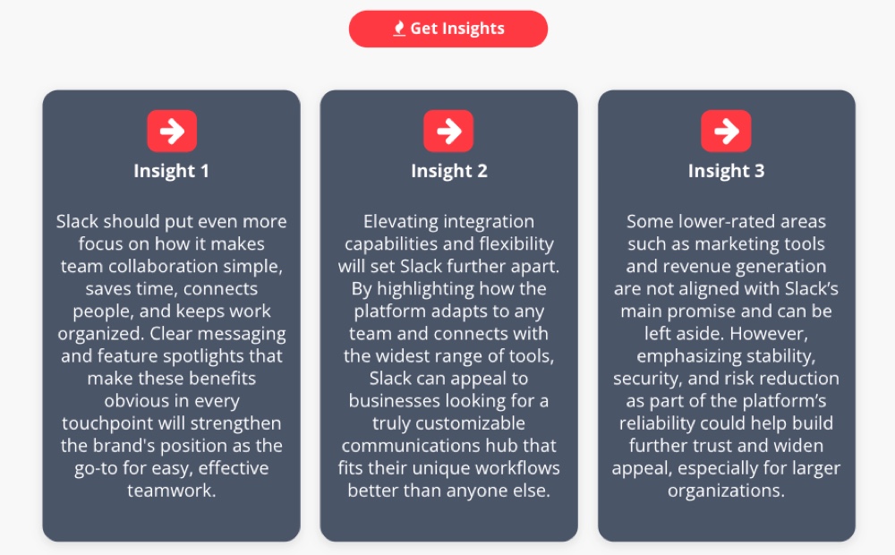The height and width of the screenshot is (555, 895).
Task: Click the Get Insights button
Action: pos(447,29)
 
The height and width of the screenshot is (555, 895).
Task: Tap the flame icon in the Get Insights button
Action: pos(399,29)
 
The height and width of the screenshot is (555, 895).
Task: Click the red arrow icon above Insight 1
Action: pos(171,132)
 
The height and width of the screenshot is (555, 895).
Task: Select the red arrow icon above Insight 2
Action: pos(448,132)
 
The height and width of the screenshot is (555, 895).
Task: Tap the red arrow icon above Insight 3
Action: pos(726,132)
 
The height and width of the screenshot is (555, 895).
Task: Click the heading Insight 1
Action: pos(171,171)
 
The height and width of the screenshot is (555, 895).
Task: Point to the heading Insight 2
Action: pos(448,171)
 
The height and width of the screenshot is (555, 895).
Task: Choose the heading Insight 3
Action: pos(726,171)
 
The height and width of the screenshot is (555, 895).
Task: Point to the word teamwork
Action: pos(171,490)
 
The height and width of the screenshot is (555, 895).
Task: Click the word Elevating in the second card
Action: pos(405,221)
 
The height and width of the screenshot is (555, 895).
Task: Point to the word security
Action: pos(647,378)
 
